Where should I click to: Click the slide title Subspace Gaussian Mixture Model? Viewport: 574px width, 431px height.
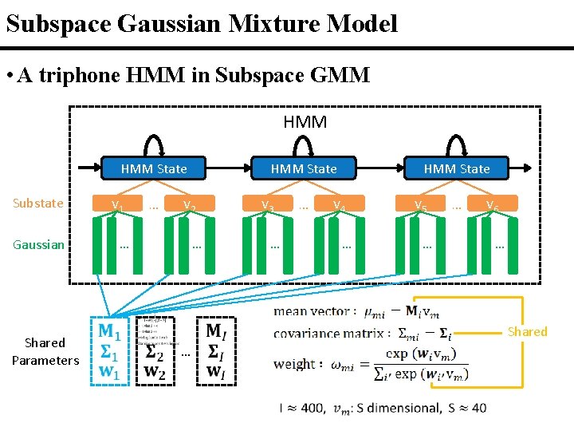click(x=201, y=23)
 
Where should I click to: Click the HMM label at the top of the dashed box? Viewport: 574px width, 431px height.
click(x=305, y=122)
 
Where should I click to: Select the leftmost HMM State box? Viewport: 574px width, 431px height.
click(x=154, y=168)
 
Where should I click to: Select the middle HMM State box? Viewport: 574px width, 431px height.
click(x=304, y=168)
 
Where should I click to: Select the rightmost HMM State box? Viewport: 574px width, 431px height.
click(x=457, y=168)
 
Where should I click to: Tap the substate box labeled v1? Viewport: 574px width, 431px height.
click(x=117, y=204)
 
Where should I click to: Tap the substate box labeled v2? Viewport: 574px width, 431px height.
click(x=189, y=204)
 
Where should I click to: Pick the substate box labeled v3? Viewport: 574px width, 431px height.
click(x=268, y=204)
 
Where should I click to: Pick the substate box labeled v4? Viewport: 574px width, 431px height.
click(x=339, y=204)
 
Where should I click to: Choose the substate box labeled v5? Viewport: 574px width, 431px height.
click(x=420, y=204)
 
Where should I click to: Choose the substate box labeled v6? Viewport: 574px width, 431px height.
click(x=493, y=204)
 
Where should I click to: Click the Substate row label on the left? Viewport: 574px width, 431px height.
click(x=38, y=203)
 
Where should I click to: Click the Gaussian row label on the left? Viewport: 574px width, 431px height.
click(x=38, y=244)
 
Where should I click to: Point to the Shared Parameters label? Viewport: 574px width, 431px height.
click(x=45, y=351)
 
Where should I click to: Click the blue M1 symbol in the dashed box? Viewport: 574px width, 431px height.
click(x=110, y=330)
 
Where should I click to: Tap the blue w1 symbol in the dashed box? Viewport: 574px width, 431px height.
click(x=110, y=371)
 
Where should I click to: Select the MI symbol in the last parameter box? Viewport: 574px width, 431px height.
click(x=215, y=330)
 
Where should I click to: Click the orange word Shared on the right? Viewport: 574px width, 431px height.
click(x=528, y=331)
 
